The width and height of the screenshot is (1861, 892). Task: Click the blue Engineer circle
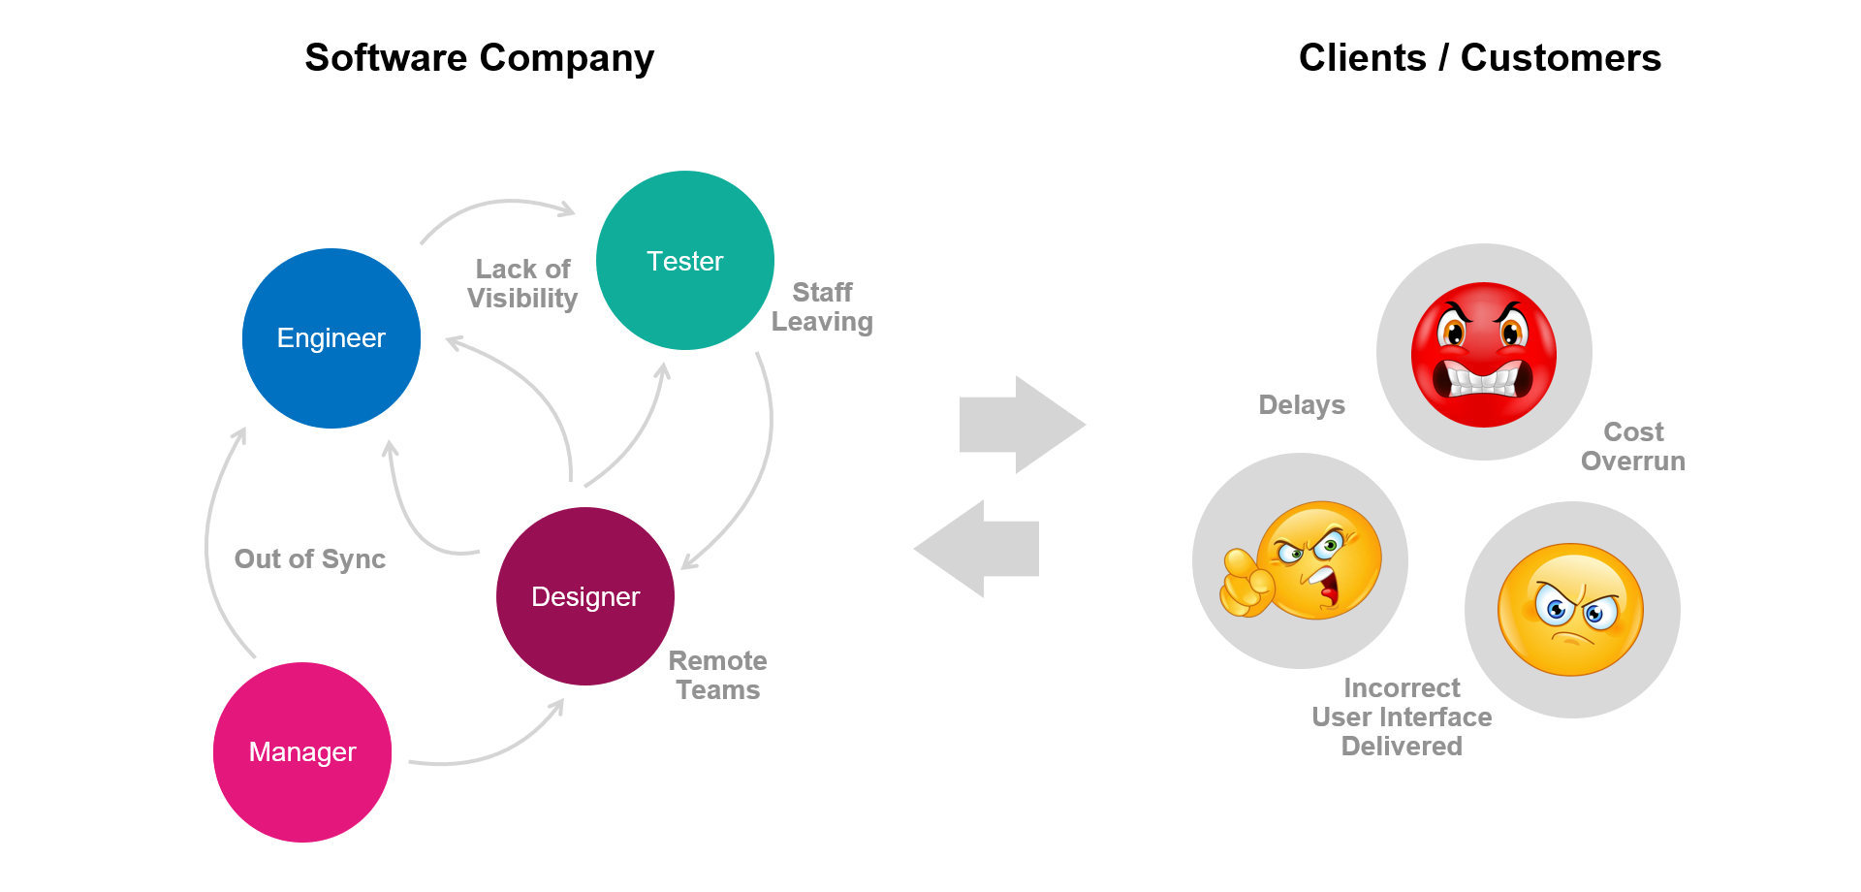click(x=331, y=338)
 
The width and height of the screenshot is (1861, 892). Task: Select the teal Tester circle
click(x=684, y=261)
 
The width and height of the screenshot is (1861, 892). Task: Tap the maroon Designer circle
click(x=585, y=596)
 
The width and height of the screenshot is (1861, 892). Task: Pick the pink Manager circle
click(x=302, y=752)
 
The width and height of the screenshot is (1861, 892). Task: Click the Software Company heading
click(x=479, y=58)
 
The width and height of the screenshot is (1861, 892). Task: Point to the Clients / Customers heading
click(x=1479, y=58)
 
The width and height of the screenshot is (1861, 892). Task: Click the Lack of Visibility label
click(x=522, y=283)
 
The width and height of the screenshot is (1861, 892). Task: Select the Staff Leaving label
click(x=822, y=306)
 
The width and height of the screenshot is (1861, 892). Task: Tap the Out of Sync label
click(x=309, y=559)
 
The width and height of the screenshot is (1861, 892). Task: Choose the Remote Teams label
click(x=717, y=675)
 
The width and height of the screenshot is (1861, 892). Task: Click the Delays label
click(x=1301, y=405)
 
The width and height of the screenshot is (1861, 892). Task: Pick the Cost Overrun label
click(x=1633, y=446)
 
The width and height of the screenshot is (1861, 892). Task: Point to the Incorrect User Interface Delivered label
click(x=1402, y=717)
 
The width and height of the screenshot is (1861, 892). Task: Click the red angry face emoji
click(x=1483, y=355)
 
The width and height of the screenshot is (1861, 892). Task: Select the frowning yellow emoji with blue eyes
click(x=1570, y=610)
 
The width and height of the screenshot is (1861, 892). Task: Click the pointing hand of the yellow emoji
click(x=1246, y=585)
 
